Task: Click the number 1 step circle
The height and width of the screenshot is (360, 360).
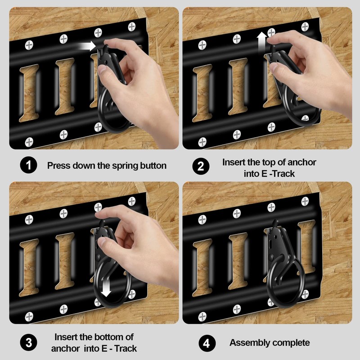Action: [x=28, y=165]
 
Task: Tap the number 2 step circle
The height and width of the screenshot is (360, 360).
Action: [x=201, y=166]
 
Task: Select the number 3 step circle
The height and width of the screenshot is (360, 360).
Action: [x=28, y=343]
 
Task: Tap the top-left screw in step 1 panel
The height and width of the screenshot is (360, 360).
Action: [x=29, y=45]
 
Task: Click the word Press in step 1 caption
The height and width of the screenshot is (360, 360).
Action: [x=58, y=166]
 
